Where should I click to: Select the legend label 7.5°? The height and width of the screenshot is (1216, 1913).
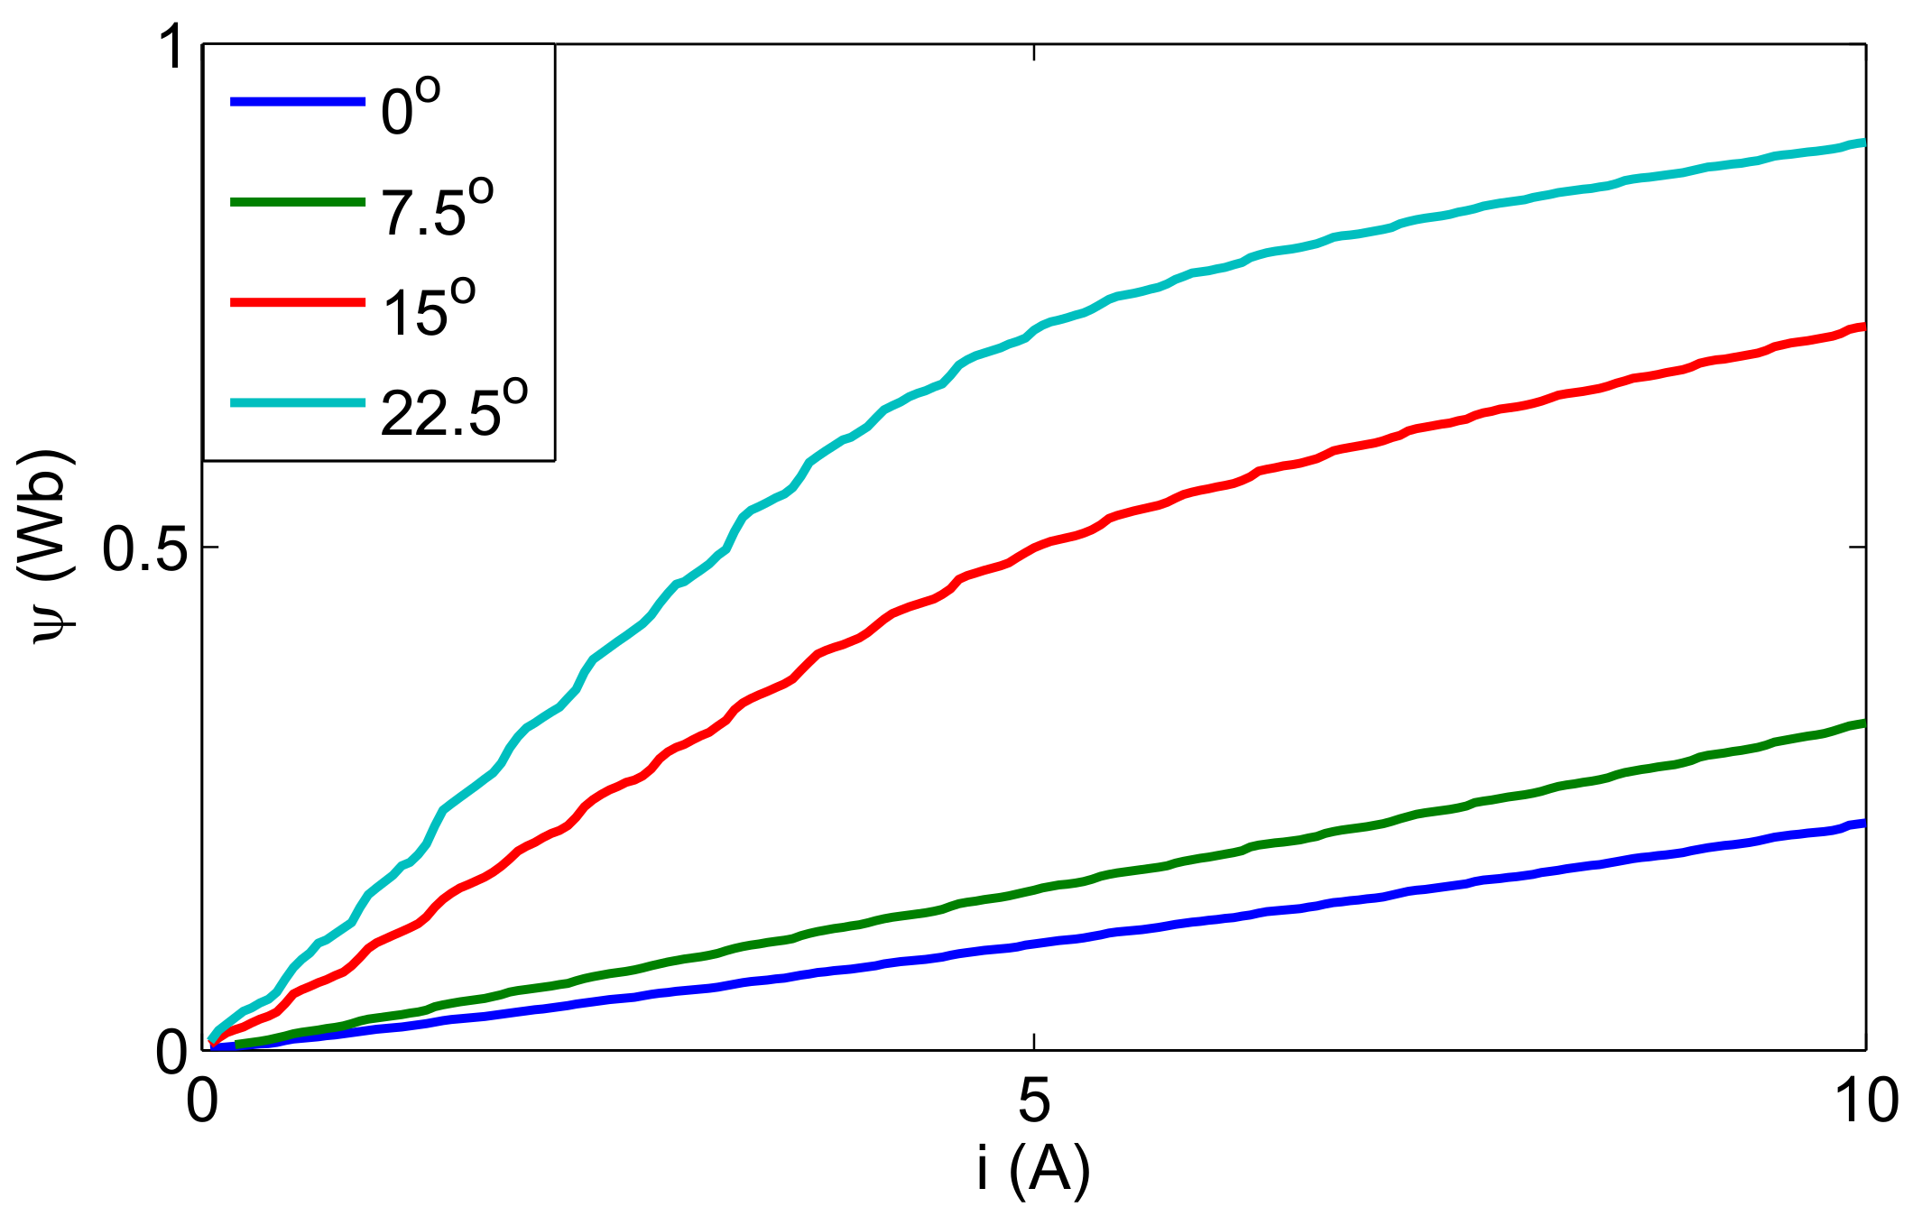[x=438, y=208]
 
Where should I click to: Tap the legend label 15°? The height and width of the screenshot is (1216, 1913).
[x=429, y=309]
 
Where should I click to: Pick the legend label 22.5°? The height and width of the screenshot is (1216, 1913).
[x=454, y=410]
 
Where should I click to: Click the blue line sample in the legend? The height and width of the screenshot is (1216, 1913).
[x=298, y=102]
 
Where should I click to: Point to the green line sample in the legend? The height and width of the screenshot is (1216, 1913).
[x=298, y=203]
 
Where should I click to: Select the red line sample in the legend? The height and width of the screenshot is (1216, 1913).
[x=298, y=303]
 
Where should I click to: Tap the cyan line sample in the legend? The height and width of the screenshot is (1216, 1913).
[x=298, y=403]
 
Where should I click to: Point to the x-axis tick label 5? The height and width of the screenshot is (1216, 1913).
[x=1033, y=1101]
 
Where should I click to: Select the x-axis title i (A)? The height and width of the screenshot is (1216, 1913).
[x=1033, y=1170]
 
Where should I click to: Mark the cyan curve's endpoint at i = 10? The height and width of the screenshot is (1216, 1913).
[x=1862, y=143]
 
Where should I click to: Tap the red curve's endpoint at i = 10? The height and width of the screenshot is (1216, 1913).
[x=1862, y=327]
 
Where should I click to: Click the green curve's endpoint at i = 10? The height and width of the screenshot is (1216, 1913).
[x=1862, y=723]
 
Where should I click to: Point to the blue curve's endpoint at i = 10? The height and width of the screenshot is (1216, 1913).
[x=1862, y=823]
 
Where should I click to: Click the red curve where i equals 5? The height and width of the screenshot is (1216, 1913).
[x=1033, y=548]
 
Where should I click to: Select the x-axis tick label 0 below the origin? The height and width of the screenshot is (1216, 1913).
[x=202, y=1101]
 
